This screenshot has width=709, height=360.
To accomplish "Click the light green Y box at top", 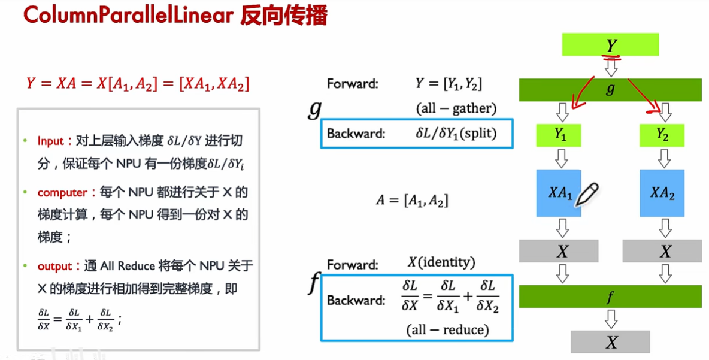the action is [610, 44].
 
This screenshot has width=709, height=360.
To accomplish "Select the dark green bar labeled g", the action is [610, 90].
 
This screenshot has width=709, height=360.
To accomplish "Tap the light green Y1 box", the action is [559, 135].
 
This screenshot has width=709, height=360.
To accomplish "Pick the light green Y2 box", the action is [662, 135].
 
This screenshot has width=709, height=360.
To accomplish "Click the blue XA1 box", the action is [559, 193].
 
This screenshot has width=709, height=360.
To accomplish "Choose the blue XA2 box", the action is [662, 193].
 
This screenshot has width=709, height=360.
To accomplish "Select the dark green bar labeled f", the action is [610, 297].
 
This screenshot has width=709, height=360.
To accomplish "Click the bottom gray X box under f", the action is [610, 341].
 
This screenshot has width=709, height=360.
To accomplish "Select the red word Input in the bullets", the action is [50, 141].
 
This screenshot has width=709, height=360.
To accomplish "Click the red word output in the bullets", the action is [54, 266].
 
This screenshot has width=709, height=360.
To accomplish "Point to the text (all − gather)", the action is [456, 108].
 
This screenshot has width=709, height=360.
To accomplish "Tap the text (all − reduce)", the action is [447, 329].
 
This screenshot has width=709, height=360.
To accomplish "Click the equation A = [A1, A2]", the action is [412, 201].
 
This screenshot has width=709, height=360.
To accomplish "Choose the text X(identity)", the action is [441, 262].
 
